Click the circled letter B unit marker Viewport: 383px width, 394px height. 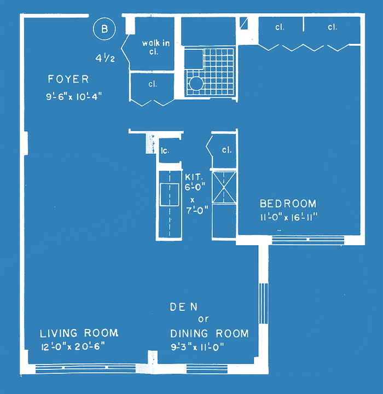[x=105, y=28]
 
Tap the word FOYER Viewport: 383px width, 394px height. [x=68, y=79]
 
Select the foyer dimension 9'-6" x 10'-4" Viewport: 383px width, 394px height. [x=74, y=96]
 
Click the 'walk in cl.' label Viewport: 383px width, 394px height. [x=156, y=47]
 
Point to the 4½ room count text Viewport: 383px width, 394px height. [x=105, y=59]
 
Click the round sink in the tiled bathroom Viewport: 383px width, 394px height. [x=195, y=83]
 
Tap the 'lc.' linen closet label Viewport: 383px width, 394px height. [x=165, y=150]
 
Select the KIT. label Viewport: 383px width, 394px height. [x=194, y=177]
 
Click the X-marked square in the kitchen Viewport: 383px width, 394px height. [x=224, y=187]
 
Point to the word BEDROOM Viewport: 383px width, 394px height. [x=288, y=204]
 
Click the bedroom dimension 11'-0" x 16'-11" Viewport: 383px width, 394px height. [x=289, y=217]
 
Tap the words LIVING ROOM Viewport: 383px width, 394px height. [x=79, y=333]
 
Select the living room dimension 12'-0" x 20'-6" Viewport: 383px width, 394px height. [x=73, y=347]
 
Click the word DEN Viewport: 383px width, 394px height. [x=184, y=307]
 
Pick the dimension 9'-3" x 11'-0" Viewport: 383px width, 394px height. [x=198, y=347]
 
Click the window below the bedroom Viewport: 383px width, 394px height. [x=308, y=240]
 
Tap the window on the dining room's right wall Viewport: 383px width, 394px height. [x=263, y=303]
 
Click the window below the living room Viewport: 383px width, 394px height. [x=85, y=369]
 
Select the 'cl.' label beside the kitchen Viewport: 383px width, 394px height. [x=227, y=150]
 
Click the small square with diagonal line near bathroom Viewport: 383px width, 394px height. [x=244, y=23]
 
